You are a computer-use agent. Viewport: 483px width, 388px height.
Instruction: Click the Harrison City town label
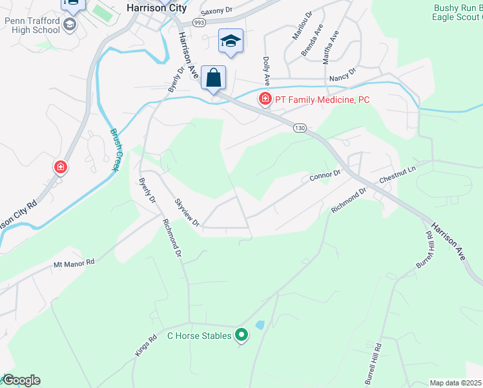coord(156,8)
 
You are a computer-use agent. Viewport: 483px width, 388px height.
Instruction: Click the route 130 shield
coord(298,128)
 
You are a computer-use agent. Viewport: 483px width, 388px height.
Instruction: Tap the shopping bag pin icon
coord(213,78)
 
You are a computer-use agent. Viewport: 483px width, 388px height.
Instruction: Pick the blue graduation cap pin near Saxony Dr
coord(231,41)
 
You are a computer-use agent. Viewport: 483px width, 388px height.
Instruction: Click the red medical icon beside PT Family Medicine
coord(265,100)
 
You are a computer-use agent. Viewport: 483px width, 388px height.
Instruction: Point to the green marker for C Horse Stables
coord(241,334)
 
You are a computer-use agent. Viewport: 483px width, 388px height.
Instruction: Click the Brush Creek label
coord(114,149)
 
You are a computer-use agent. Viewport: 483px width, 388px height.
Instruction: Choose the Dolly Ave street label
coord(266,70)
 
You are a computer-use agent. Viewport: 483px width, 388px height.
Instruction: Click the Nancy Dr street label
coord(342,76)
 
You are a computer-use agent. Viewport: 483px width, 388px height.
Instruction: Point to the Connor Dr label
coord(325,175)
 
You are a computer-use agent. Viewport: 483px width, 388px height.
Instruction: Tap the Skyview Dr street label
coord(187,212)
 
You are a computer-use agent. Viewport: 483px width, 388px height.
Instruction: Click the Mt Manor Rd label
coord(74,263)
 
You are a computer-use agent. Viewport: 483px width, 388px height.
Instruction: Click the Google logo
coord(21,380)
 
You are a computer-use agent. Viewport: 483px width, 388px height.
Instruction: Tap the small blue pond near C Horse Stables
coord(260,325)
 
